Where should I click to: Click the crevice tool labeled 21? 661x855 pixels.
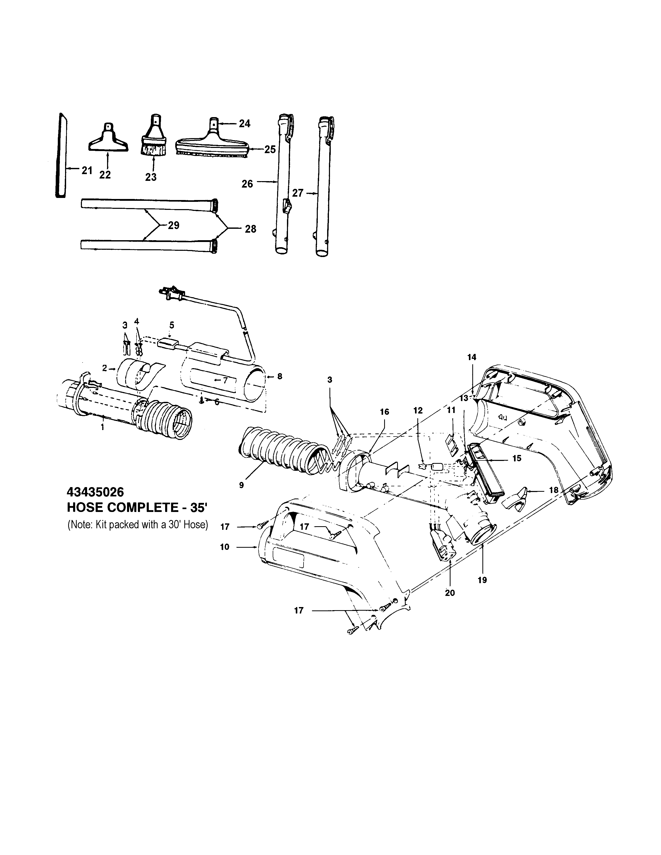click(60, 156)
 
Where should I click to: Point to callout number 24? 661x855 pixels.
click(245, 124)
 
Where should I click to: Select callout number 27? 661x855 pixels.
click(298, 193)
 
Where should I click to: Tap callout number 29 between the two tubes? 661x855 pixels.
click(173, 225)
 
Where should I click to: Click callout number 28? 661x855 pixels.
click(251, 229)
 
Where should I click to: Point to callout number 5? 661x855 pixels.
click(172, 325)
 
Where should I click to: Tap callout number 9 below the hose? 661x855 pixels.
click(241, 485)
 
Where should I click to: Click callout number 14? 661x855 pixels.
click(472, 357)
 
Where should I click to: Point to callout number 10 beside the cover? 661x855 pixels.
click(225, 547)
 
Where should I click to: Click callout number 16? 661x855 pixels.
click(384, 411)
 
